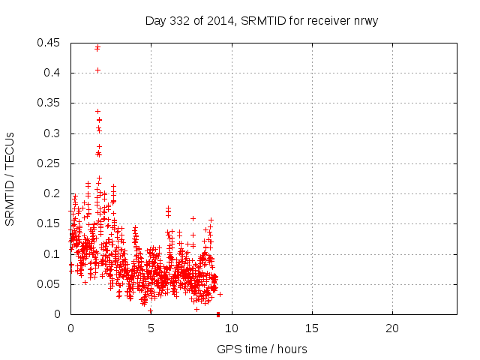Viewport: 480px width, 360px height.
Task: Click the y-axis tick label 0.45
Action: pyautogui.click(x=50, y=43)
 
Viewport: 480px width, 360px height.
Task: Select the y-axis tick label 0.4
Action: pyautogui.click(x=53, y=73)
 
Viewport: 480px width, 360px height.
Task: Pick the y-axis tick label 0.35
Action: pyautogui.click(x=50, y=103)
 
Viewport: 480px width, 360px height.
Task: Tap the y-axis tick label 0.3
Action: pyautogui.click(x=53, y=133)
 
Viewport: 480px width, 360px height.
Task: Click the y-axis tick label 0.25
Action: pyautogui.click(x=50, y=163)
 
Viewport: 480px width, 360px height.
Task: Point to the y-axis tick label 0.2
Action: pyautogui.click(x=53, y=193)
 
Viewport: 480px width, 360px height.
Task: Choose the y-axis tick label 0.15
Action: pyautogui.click(x=50, y=223)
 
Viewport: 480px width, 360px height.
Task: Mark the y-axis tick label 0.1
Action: pyautogui.click(x=53, y=254)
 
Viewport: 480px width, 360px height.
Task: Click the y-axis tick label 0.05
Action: pyautogui.click(x=50, y=284)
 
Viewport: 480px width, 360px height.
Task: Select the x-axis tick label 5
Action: pyautogui.click(x=151, y=328)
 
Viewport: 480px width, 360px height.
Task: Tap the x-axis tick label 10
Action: pyautogui.click(x=231, y=328)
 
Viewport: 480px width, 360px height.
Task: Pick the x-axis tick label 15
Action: pyautogui.click(x=311, y=328)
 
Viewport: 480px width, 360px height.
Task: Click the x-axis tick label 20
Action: pyautogui.click(x=391, y=328)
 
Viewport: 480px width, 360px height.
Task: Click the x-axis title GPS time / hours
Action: pyautogui.click(x=262, y=349)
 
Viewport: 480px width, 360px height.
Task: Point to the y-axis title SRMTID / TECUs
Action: pyautogui.click(x=10, y=178)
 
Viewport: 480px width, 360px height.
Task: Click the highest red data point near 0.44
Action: pyautogui.click(x=97, y=47)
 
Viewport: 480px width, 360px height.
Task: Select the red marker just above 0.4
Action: pyautogui.click(x=97, y=70)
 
